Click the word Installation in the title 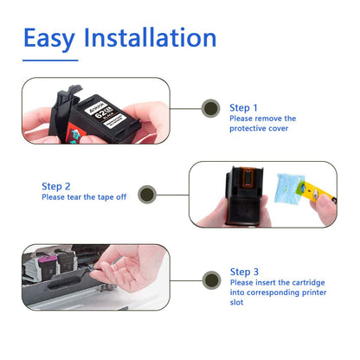pyautogui.click(x=157, y=38)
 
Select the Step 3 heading pyautogui.click(x=245, y=271)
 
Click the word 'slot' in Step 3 pyautogui.click(x=238, y=303)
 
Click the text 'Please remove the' pyautogui.click(x=263, y=118)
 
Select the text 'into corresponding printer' pyautogui.click(x=275, y=292)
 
